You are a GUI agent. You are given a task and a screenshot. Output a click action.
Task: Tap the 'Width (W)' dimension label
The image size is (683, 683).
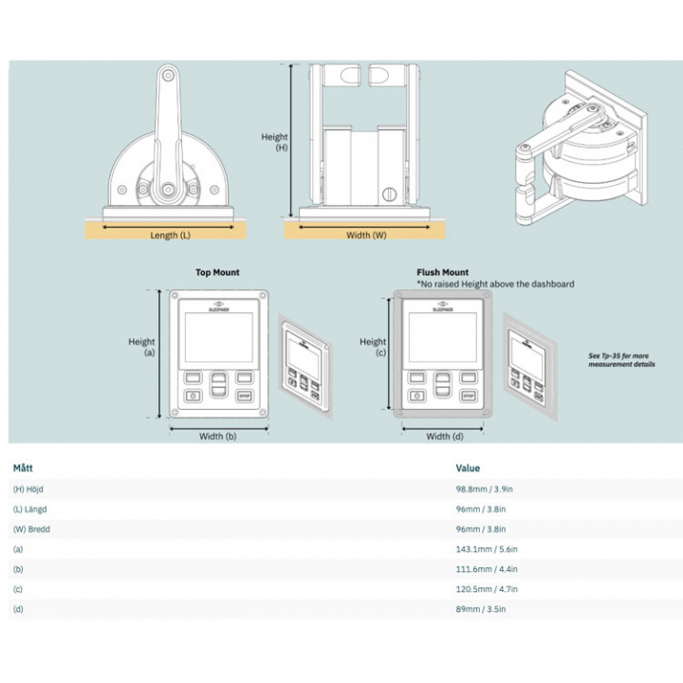pos(366,234)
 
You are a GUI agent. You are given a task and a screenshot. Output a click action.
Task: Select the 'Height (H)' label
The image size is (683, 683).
pos(275,142)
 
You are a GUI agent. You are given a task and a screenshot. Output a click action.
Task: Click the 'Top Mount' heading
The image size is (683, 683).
pos(217,272)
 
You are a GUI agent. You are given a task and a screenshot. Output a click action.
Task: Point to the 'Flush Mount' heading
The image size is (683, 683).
pos(443,272)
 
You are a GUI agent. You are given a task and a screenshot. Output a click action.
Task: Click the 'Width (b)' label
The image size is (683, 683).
pos(217,436)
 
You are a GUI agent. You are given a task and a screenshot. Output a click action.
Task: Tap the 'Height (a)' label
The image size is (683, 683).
pos(142,347)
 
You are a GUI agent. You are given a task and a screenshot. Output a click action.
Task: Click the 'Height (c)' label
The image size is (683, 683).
pos(373,347)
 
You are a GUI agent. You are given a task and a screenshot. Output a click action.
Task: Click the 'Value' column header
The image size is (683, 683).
pos(468,468)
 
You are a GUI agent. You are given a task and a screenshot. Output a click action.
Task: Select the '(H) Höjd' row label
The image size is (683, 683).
pos(30,489)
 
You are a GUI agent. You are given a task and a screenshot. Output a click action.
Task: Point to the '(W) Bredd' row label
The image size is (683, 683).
pos(32,529)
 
